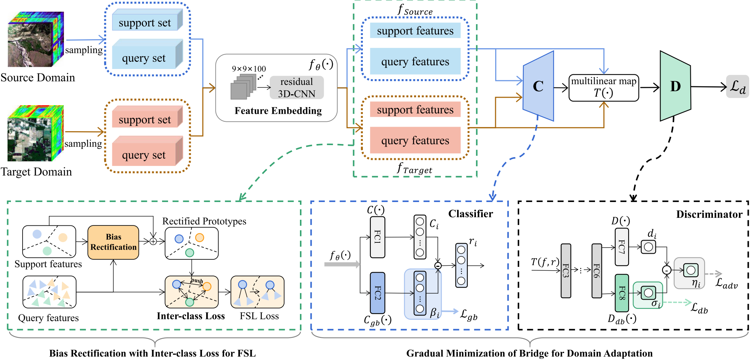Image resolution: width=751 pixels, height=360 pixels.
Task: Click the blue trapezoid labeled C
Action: (538, 86)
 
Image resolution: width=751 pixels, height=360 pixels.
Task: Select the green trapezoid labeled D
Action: (675, 86)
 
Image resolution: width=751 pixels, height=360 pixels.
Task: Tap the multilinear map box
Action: (604, 88)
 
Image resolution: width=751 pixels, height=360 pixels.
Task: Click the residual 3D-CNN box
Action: (297, 87)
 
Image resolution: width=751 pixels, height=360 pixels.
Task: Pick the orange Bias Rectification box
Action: (113, 242)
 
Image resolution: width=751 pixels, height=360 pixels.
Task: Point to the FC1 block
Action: (378, 237)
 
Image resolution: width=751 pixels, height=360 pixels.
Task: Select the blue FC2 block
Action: (378, 293)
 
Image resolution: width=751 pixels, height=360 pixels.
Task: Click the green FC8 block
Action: (622, 293)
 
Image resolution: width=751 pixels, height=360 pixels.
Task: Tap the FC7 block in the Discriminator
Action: (622, 247)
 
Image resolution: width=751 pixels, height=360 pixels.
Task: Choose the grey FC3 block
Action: (566, 271)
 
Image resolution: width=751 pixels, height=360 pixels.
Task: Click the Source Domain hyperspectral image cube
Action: (36, 39)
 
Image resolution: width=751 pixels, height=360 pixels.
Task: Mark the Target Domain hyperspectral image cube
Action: (35, 133)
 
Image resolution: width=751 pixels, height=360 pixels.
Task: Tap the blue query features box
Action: (415, 61)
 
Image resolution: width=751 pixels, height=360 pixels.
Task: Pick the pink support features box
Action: (415, 109)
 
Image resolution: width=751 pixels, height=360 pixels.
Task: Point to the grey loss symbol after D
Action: (737, 87)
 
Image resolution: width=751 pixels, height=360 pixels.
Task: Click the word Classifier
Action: (470, 214)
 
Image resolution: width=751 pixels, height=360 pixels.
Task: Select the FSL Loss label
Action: (259, 316)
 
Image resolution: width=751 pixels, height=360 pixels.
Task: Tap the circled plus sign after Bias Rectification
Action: (153, 241)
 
